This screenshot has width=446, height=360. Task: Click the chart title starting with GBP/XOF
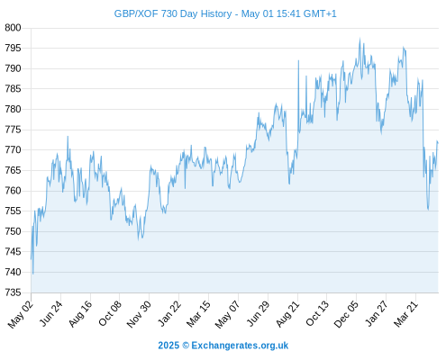[225, 13]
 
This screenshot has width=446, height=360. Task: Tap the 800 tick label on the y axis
[13, 28]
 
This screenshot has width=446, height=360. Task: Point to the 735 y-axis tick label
[13, 292]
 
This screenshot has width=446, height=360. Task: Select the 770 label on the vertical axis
[13, 149]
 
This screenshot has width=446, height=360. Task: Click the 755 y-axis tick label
[13, 211]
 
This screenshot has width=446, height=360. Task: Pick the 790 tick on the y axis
[13, 68]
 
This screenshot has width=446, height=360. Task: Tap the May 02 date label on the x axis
[21, 314]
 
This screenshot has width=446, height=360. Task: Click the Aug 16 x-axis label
[80, 313]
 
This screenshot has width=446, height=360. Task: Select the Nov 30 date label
[139, 314]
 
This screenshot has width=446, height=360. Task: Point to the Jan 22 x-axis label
[169, 313]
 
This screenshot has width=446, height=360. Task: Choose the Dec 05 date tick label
[347, 314]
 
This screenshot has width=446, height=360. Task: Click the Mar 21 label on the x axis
[406, 314]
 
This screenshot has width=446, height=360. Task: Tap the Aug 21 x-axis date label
[288, 314]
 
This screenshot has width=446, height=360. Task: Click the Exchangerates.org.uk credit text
[240, 346]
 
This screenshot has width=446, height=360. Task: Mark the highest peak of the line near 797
[360, 39]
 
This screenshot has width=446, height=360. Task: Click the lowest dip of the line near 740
[33, 274]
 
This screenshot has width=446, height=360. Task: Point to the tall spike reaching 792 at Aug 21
[298, 60]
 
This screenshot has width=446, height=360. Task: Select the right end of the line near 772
[438, 142]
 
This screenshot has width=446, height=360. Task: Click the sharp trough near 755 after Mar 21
[428, 209]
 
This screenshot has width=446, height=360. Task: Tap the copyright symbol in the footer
[186, 346]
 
